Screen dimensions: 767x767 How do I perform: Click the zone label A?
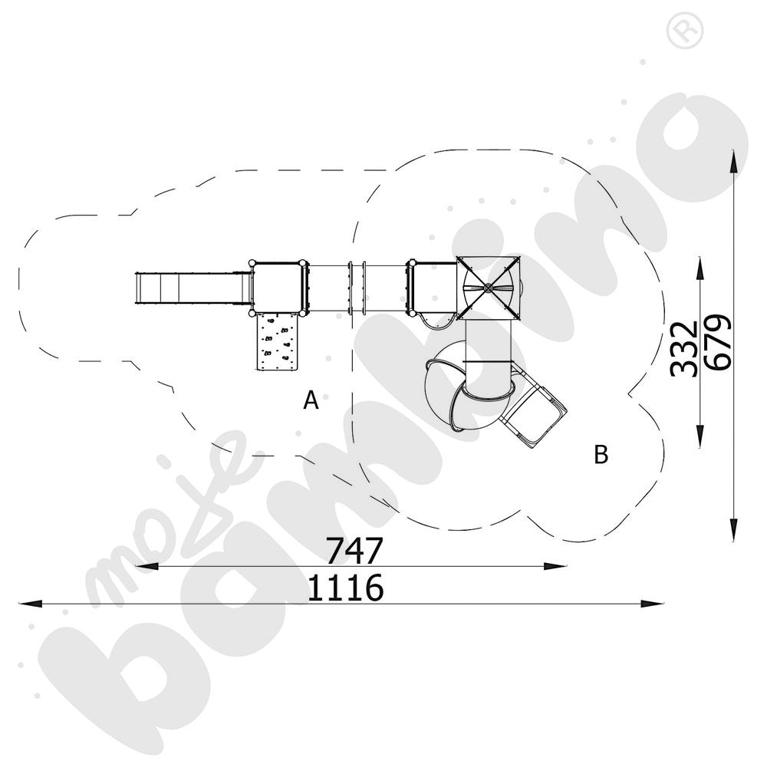[x=311, y=400]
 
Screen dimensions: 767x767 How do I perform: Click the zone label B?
[x=601, y=454]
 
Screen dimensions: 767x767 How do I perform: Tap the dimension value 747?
[x=354, y=550]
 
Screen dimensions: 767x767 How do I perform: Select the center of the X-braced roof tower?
[x=488, y=288]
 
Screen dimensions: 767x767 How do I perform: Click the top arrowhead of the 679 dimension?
[x=735, y=158]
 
